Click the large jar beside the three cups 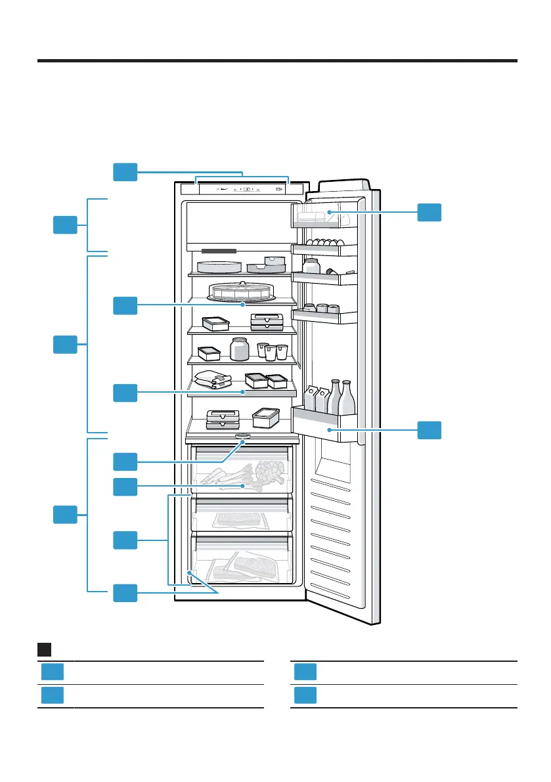coord(240,349)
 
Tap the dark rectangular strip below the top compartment coord(218,251)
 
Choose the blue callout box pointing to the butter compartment coord(430,212)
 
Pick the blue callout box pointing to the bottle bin coord(430,431)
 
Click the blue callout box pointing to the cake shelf coord(125,305)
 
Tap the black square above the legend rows coord(45,649)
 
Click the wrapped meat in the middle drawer coord(240,519)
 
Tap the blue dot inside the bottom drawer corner coord(190,573)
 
